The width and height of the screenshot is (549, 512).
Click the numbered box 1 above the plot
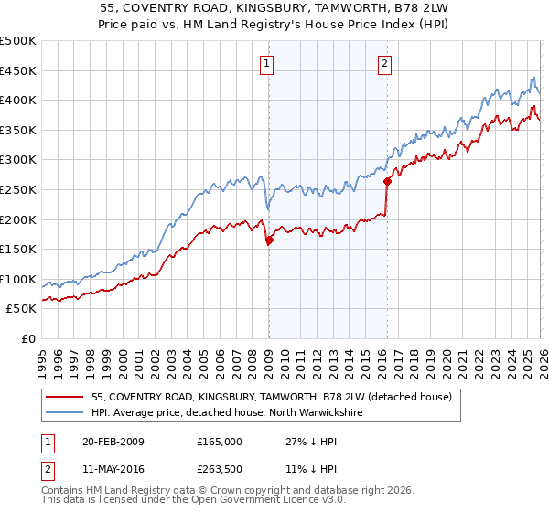click(266, 63)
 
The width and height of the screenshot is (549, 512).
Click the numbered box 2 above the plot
click(383, 63)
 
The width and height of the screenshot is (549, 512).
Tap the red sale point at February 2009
click(269, 240)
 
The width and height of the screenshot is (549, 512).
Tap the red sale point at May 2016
click(386, 181)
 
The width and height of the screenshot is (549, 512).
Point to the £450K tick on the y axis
click(18, 70)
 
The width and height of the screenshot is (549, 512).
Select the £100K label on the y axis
click(18, 279)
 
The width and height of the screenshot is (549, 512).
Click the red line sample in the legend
click(64, 398)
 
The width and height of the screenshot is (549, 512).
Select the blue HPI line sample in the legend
click(64, 413)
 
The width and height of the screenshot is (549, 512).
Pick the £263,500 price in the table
click(220, 470)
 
